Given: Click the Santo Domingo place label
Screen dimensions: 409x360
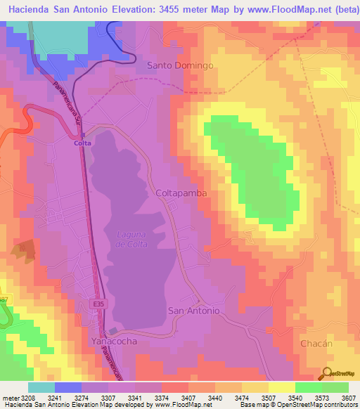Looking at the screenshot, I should point(179,65).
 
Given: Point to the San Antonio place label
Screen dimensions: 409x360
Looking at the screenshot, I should point(194,310).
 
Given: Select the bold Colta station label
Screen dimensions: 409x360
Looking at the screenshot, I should point(82,143).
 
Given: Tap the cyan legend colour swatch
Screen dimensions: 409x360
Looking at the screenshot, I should point(41,387).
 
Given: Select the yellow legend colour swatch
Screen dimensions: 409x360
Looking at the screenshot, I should point(281,387).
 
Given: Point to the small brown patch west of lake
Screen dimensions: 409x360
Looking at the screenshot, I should point(24,250).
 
